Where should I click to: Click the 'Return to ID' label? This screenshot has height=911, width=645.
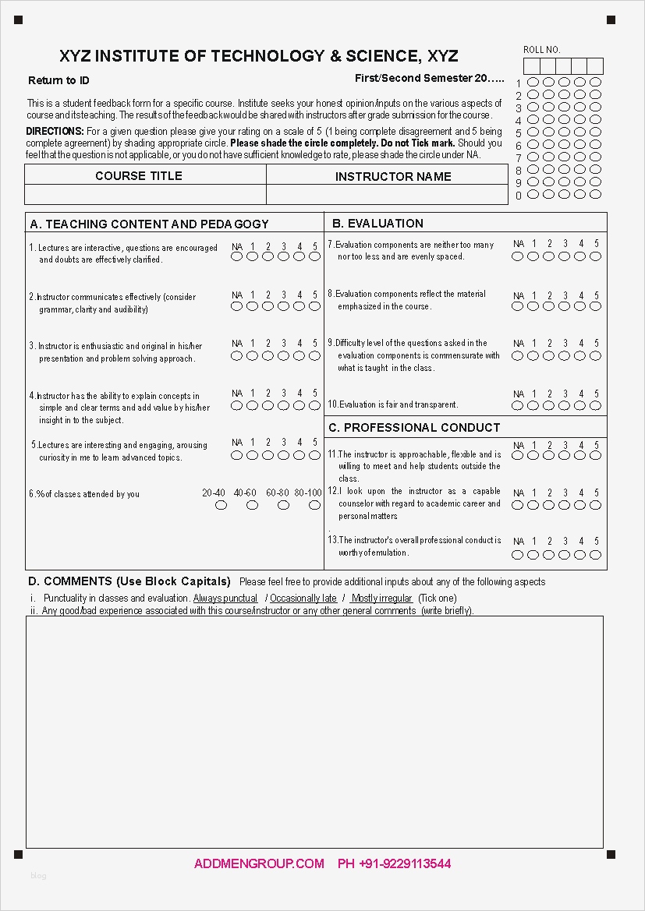click(x=58, y=81)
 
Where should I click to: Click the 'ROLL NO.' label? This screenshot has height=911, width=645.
click(x=541, y=50)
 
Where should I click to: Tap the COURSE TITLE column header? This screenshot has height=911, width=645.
click(x=139, y=176)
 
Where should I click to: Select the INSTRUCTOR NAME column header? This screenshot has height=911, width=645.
click(x=393, y=177)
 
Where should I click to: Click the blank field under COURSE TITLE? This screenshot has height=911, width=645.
click(x=146, y=194)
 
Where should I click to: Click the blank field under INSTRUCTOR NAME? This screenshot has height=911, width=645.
click(x=387, y=194)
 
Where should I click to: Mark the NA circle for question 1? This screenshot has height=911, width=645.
click(x=237, y=256)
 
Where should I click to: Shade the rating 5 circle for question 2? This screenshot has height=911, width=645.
click(x=315, y=306)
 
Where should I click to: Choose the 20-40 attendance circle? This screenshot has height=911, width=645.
click(x=221, y=505)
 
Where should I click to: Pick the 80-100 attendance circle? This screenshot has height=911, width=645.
click(x=314, y=505)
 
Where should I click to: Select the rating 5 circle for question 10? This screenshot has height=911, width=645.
click(x=596, y=406)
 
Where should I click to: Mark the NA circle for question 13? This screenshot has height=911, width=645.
click(x=518, y=555)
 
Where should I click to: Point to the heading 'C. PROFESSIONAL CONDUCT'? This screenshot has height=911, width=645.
click(x=414, y=428)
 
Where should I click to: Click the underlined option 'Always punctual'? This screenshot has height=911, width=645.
click(x=225, y=599)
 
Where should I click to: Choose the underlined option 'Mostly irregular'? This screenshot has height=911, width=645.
click(x=381, y=599)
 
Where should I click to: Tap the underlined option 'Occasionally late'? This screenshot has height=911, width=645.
click(x=303, y=599)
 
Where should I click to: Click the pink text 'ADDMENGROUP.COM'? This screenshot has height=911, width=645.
click(x=259, y=863)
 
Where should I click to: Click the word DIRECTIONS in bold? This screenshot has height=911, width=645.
click(x=55, y=132)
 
